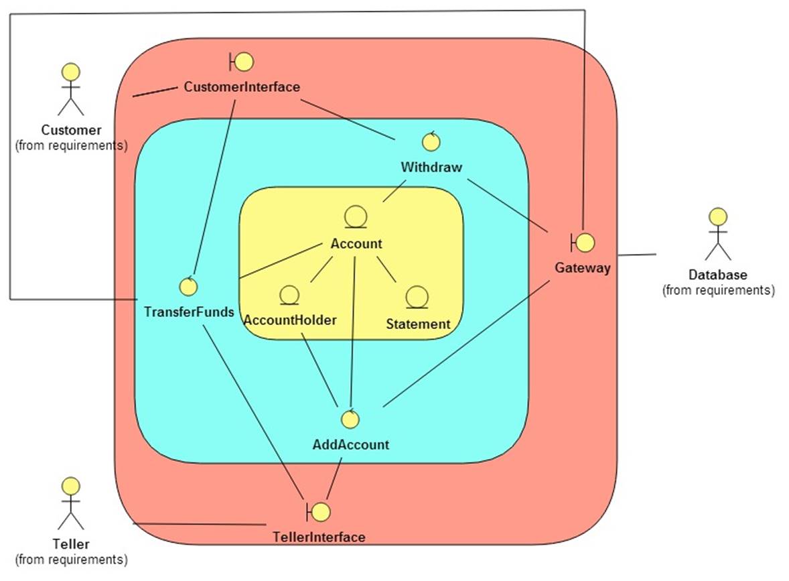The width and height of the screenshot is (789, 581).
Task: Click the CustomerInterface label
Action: [242, 87]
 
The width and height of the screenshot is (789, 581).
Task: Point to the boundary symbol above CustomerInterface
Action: [241, 62]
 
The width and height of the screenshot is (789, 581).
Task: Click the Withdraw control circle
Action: [431, 141]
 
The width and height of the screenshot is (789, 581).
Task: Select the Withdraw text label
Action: [431, 167]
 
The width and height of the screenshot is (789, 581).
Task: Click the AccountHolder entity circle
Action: [289, 295]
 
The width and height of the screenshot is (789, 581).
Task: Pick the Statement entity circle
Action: [417, 296]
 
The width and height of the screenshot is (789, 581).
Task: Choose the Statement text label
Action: [418, 324]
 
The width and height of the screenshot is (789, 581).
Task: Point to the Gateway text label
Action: [583, 268]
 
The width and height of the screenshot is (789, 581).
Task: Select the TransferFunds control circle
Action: [189, 286]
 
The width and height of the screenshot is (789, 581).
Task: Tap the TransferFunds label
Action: [190, 312]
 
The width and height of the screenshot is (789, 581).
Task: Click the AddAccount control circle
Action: [350, 419]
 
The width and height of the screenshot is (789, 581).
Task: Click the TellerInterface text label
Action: [319, 537]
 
